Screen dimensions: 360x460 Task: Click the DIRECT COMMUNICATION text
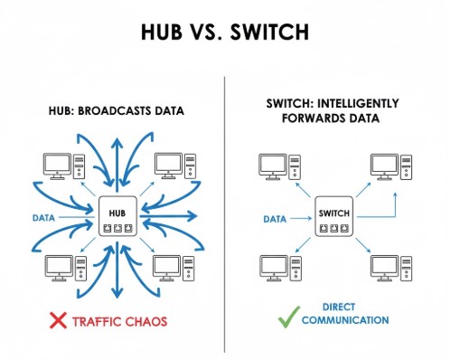pyautogui.click(x=345, y=314)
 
